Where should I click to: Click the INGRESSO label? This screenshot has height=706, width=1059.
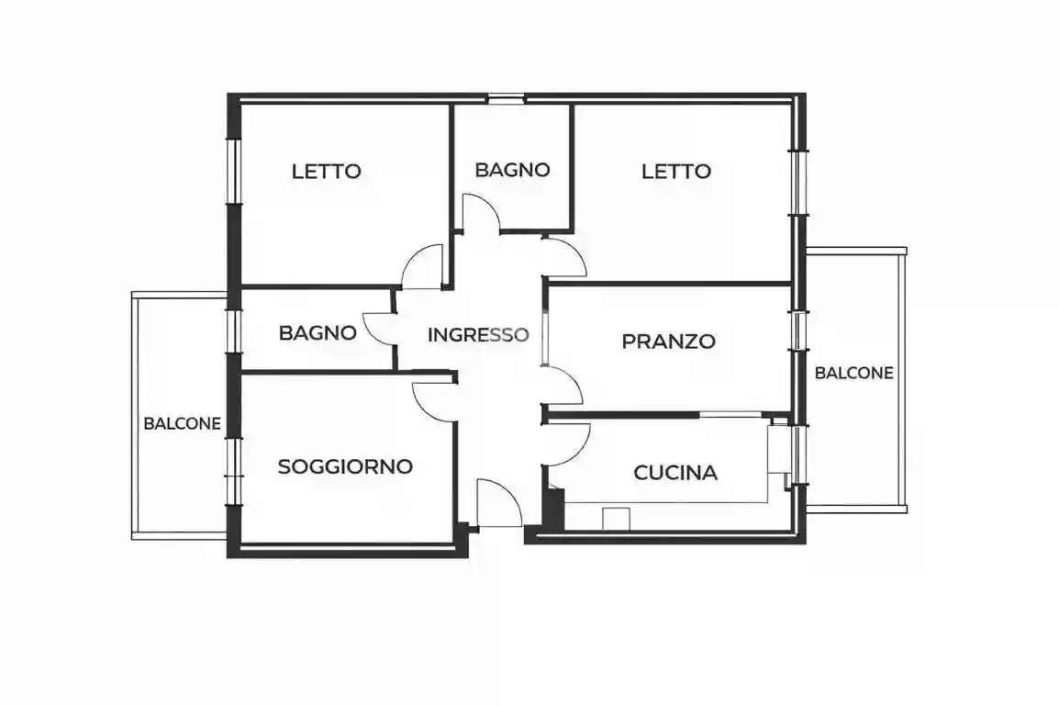478,335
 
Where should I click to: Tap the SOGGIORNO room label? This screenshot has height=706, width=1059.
345,466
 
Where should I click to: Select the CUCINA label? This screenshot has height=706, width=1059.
675,473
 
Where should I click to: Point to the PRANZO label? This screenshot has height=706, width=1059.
668,342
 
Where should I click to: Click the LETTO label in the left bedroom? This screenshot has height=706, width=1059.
327,171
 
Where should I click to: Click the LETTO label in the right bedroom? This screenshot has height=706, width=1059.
676,171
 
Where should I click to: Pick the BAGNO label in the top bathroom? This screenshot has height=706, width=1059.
512,170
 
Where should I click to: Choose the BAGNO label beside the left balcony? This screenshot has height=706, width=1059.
318,332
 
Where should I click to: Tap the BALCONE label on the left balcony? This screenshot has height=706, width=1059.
183,424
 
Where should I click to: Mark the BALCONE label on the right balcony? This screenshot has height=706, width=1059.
854,373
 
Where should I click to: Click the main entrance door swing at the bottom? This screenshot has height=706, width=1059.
496,505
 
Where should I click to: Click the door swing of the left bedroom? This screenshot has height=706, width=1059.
425,269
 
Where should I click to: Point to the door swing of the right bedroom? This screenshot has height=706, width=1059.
563,258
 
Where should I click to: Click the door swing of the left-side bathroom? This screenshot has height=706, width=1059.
380,328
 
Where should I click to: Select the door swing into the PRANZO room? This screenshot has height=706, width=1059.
563,384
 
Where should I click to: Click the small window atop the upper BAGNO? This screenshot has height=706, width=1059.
506,98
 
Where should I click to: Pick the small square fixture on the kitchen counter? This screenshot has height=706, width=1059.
616,519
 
